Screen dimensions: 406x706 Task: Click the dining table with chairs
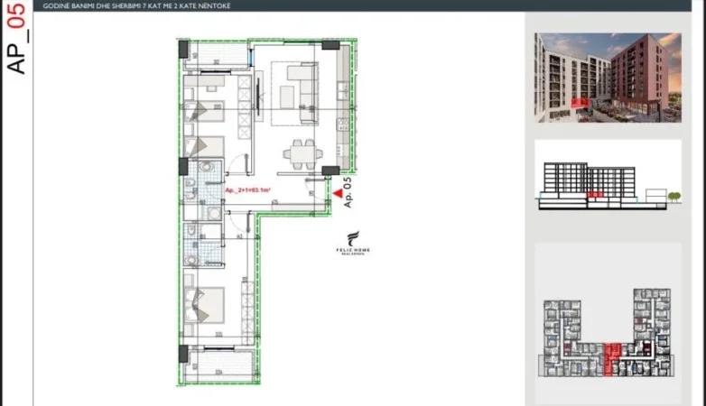pos(300,153)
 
